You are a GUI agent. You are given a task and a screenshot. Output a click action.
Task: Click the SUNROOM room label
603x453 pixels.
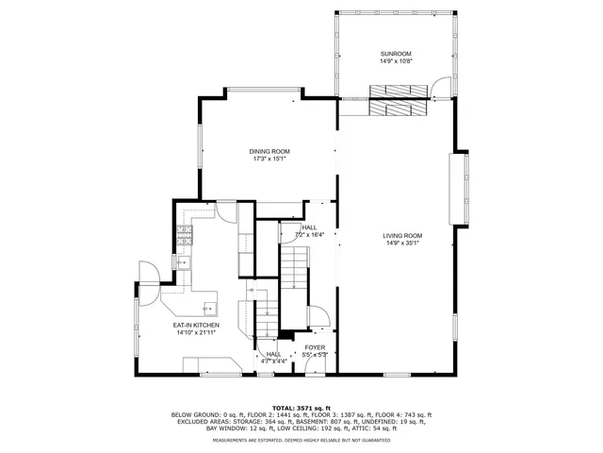pyautogui.click(x=396, y=54)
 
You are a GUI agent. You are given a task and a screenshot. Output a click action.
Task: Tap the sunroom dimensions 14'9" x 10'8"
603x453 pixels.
pyautogui.click(x=396, y=61)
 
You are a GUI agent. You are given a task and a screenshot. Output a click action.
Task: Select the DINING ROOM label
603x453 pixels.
pyautogui.click(x=269, y=152)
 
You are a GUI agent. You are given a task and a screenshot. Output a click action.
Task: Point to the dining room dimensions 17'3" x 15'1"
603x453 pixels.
pyautogui.click(x=269, y=159)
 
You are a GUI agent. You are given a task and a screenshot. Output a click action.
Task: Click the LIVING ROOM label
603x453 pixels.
pyautogui.click(x=401, y=235)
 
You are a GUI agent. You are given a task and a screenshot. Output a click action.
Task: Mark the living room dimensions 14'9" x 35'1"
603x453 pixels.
pyautogui.click(x=401, y=243)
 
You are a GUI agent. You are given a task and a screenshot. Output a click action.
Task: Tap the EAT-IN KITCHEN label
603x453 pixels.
pyautogui.click(x=196, y=326)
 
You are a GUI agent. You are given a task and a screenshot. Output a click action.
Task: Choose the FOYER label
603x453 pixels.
pyautogui.click(x=315, y=347)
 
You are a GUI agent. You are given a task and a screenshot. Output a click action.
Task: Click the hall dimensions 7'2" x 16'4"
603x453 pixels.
pyautogui.click(x=310, y=235)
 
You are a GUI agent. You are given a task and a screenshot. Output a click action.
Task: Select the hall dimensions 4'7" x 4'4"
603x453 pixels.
pyautogui.click(x=273, y=361)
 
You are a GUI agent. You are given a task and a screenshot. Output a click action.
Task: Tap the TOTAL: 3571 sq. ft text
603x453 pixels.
pyautogui.click(x=301, y=407)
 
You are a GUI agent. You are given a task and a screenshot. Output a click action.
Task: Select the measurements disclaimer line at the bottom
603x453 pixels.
pyautogui.click(x=301, y=440)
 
